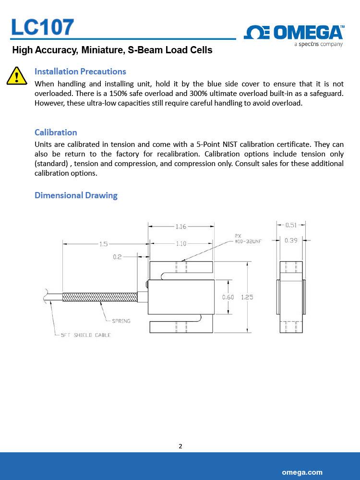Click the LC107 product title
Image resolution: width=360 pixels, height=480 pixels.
tap(43, 27)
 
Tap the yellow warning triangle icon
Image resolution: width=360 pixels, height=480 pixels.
tap(16, 76)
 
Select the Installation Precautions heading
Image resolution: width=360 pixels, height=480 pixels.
tap(80, 72)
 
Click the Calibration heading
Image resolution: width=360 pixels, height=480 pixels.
tap(56, 132)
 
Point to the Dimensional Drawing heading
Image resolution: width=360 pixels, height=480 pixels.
tap(76, 195)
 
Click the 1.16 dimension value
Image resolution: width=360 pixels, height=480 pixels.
tap(181, 227)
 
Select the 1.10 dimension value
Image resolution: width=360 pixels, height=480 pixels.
tap(181, 244)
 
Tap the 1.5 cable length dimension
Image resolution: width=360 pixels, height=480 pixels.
tap(104, 244)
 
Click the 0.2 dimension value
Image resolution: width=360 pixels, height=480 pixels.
tap(117, 257)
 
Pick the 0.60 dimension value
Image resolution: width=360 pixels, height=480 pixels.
tap(228, 297)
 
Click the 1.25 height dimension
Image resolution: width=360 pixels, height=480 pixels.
tap(247, 297)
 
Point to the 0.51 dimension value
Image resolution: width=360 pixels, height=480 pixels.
tap(291, 225)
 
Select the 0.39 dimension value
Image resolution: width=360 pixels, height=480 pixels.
tap(291, 240)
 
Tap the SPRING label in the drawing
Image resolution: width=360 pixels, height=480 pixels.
tap(121, 321)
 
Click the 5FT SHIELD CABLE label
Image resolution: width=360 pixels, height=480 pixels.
tap(85, 335)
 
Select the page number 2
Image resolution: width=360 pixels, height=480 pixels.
tap(180, 446)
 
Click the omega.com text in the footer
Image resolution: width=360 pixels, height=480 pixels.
tap(302, 472)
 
